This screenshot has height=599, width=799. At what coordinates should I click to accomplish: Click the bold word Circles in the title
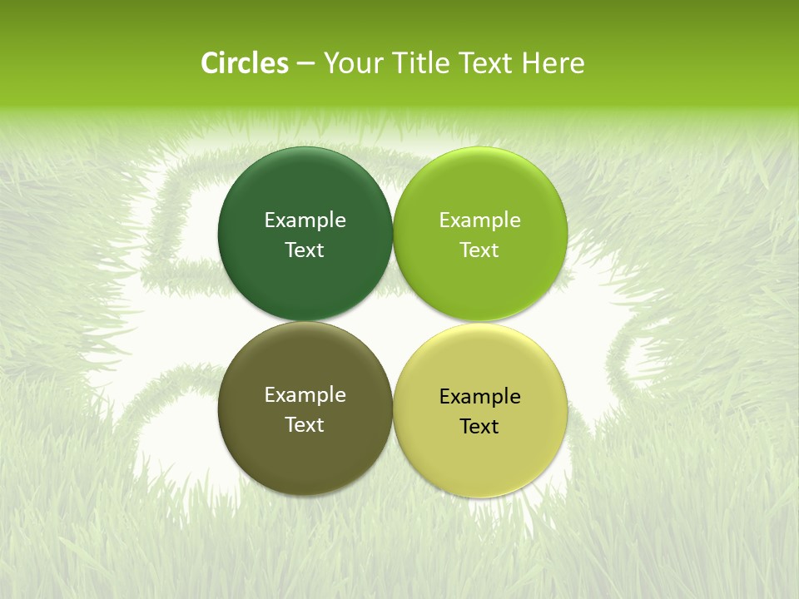point(244,63)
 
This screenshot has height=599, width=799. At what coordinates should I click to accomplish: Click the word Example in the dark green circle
point(305,220)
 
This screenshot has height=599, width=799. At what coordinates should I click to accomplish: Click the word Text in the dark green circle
point(305,250)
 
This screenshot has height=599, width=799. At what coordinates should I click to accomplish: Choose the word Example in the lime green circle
point(479,220)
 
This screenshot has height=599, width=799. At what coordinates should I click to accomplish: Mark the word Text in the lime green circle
point(479,250)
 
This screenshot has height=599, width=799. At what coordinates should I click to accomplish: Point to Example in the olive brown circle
point(305,395)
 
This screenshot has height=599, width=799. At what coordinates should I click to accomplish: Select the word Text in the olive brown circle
point(305,425)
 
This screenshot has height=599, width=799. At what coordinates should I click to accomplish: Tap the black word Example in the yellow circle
point(479,397)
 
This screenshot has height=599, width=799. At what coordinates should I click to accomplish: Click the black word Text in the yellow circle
point(479,427)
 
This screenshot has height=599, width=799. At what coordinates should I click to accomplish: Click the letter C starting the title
point(209,63)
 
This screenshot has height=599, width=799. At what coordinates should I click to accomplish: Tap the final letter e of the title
point(578,65)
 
